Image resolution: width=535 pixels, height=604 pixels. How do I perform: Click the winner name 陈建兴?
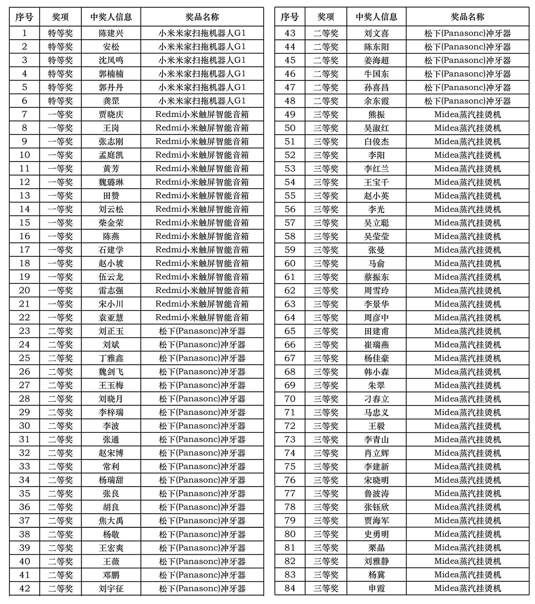pos(111,33)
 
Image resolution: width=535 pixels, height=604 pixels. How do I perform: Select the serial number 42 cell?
pos(24,588)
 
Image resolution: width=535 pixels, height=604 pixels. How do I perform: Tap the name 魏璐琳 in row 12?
pos(111,182)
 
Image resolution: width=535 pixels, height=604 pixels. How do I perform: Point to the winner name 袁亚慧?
pos(111,317)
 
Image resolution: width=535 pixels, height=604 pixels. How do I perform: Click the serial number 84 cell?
pos(290,588)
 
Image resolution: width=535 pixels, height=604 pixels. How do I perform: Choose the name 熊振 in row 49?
pos(376,114)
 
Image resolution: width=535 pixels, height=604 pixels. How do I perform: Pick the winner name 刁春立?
pos(376,399)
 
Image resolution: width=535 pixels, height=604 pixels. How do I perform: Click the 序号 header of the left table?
pos(24,17)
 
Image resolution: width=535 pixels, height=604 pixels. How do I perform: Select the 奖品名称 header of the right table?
pos(467,17)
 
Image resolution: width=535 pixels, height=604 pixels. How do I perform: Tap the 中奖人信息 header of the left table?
pos(111,17)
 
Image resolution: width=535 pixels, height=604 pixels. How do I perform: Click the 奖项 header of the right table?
pos(326,17)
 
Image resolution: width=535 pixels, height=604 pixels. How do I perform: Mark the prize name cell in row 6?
pos(202,101)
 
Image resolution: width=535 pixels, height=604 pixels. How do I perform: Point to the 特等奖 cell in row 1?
pos(60,33)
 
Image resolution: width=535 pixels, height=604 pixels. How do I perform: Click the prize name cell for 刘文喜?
pos(467,33)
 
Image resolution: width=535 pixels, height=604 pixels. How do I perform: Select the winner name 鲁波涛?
pos(376,493)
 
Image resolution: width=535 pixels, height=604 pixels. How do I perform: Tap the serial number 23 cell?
pos(24,331)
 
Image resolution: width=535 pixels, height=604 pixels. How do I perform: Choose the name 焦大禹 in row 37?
pos(111,521)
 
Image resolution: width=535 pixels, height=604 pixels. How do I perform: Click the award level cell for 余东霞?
pos(326,101)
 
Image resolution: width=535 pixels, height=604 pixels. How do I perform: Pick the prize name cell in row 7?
pos(202,114)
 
